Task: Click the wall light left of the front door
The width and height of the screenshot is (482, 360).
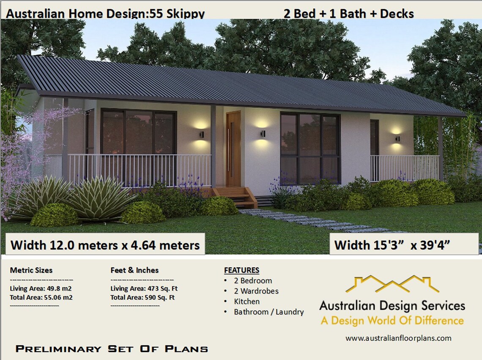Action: click(201, 135)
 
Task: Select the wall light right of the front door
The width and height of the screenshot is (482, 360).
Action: click(263, 134)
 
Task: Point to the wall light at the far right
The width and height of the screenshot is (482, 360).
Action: click(397, 138)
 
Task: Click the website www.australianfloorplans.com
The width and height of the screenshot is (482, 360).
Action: click(398, 338)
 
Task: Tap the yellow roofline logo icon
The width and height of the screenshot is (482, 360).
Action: click(392, 284)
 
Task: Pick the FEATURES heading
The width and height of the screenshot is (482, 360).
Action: click(241, 270)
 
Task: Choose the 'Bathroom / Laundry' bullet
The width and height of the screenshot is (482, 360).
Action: click(268, 312)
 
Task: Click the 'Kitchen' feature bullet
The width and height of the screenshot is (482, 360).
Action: click(246, 302)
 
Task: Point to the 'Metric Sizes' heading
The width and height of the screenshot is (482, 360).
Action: click(31, 270)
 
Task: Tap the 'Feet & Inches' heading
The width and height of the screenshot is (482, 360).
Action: click(134, 270)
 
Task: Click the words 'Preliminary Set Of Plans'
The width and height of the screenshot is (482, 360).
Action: click(112, 349)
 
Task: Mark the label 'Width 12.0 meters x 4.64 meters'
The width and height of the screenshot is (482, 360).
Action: click(105, 245)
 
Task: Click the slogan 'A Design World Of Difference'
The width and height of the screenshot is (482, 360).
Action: click(392, 321)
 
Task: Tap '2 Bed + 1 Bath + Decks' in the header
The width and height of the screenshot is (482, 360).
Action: click(349, 14)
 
